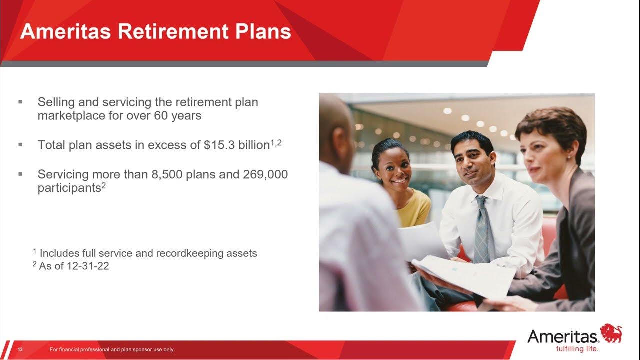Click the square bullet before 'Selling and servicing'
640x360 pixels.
21,102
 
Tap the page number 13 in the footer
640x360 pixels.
21,349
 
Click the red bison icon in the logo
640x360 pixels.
611,333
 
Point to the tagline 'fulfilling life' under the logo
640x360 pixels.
577,348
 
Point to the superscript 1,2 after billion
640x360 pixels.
276,142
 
